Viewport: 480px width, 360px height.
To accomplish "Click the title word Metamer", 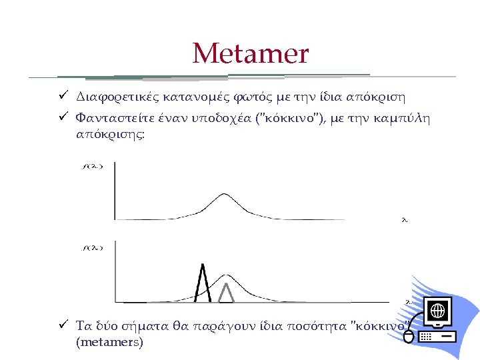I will [x=251, y=53].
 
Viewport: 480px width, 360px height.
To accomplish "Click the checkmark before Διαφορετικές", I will [x=61, y=96].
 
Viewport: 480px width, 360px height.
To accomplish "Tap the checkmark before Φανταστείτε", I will [x=61, y=119].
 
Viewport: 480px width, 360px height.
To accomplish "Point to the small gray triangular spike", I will [x=227, y=293].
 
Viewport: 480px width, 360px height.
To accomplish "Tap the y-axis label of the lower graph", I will [x=91, y=248].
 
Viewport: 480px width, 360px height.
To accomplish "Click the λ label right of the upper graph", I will [x=404, y=219].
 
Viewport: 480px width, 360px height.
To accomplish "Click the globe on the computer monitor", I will [x=438, y=311].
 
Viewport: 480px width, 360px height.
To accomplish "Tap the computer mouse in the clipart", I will [x=409, y=337].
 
